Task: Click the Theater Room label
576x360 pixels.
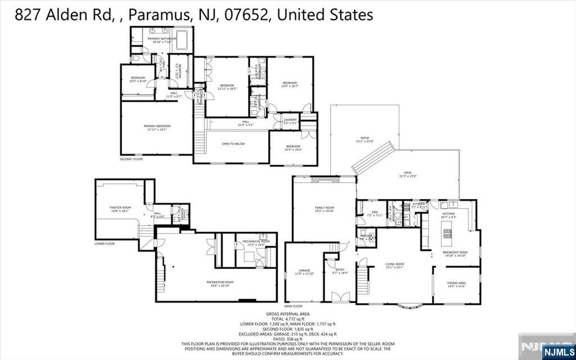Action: point(119,208)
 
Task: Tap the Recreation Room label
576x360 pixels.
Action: point(220,282)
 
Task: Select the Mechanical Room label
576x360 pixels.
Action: point(256,241)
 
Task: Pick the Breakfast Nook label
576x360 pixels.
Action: point(454,253)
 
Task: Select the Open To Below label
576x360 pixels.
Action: point(232,144)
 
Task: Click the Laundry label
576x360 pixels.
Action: point(290,120)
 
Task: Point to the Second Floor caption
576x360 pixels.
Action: point(131,159)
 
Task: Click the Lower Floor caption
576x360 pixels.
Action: point(105,244)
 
